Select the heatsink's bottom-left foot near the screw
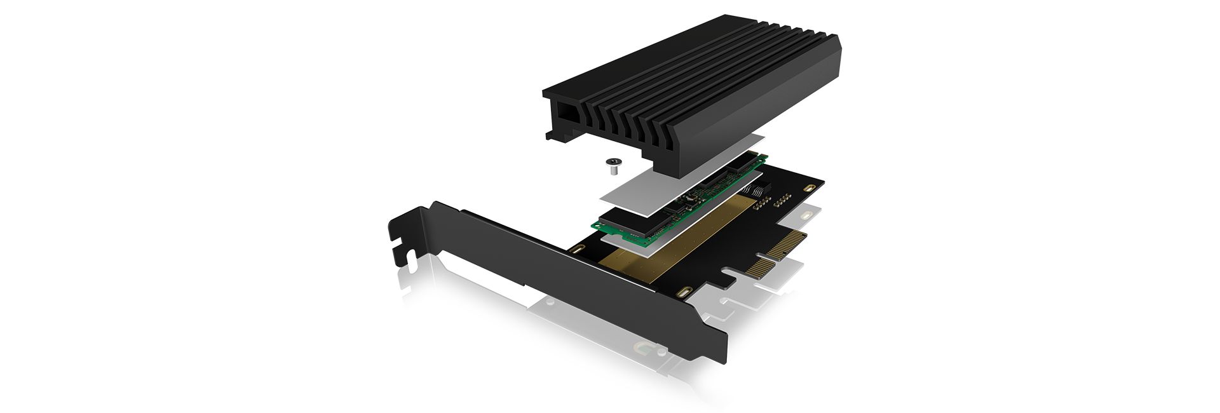click(551, 135)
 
